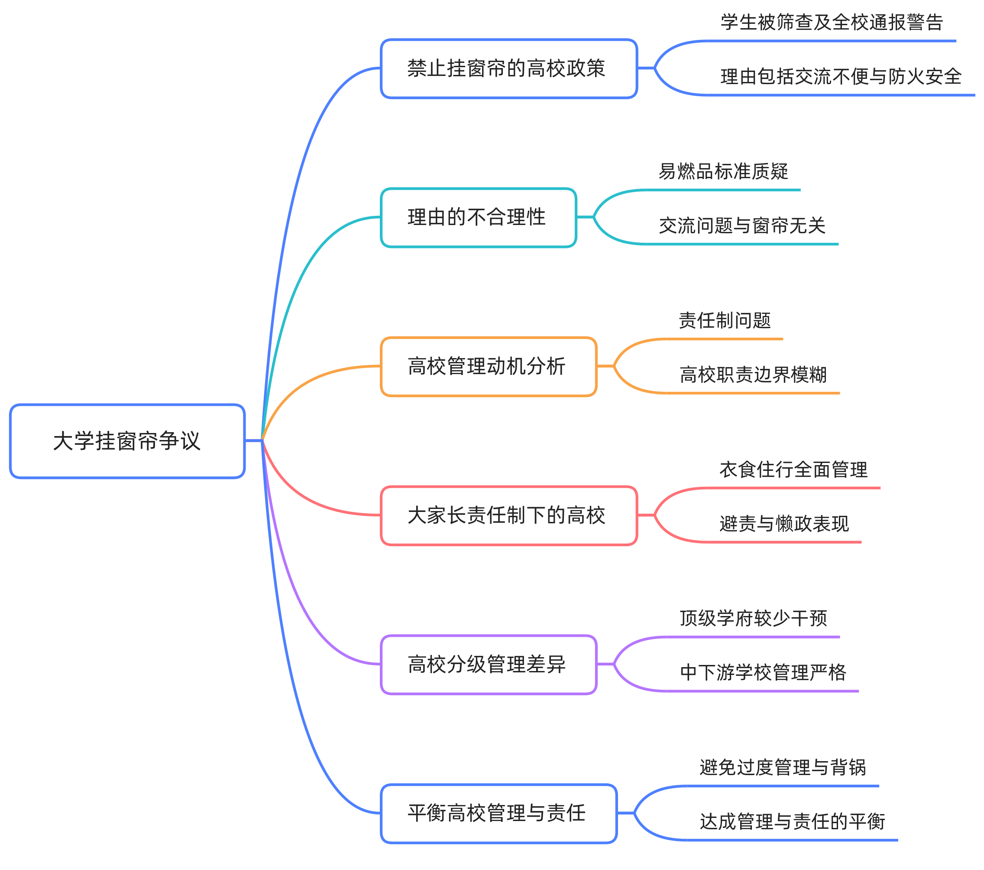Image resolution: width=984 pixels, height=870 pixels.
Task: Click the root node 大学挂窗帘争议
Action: click(x=127, y=441)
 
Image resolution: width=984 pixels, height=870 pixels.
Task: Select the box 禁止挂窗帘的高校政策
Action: click(x=508, y=68)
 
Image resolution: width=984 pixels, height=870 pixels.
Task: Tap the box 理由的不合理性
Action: click(x=478, y=217)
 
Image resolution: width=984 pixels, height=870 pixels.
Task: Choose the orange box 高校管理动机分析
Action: click(x=488, y=366)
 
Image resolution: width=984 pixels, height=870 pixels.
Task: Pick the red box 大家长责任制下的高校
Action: click(x=508, y=515)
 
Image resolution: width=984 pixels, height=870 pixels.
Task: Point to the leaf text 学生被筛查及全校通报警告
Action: click(x=832, y=22)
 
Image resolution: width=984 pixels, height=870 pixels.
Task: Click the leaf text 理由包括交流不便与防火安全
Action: click(x=841, y=77)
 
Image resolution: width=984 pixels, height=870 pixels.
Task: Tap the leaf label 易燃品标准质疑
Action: click(x=723, y=172)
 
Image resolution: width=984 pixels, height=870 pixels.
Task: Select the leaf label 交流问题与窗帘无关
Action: click(x=742, y=225)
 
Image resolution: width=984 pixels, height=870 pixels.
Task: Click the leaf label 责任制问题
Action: click(x=725, y=320)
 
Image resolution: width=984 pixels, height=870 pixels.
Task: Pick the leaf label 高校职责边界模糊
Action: click(x=753, y=374)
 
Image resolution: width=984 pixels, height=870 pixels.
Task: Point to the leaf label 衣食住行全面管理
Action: click(x=793, y=469)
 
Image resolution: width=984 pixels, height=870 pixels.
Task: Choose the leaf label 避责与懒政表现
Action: click(x=784, y=524)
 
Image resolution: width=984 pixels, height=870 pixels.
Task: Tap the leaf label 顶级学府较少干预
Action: click(x=753, y=618)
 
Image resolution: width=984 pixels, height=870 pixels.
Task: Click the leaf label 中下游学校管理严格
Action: click(x=763, y=672)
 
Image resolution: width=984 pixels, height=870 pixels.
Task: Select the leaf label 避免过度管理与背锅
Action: click(x=782, y=767)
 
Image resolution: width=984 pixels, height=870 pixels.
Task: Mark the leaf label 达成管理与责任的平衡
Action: click(x=792, y=821)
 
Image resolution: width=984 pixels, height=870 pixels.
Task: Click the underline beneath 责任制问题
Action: click(x=725, y=339)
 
